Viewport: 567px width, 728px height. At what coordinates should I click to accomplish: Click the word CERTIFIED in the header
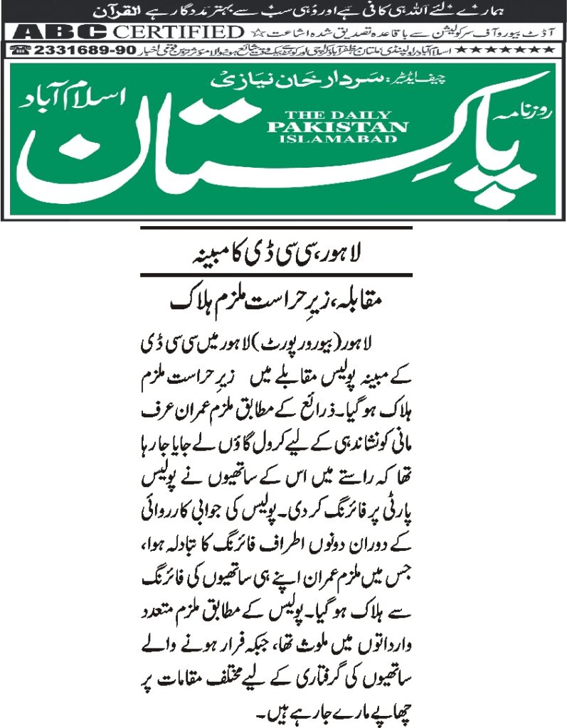click(x=179, y=32)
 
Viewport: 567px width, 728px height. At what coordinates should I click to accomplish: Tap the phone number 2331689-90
click(x=63, y=50)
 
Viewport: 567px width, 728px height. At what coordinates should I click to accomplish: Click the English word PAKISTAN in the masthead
click(x=338, y=127)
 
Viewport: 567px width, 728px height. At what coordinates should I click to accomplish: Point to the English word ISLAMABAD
click(x=338, y=139)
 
